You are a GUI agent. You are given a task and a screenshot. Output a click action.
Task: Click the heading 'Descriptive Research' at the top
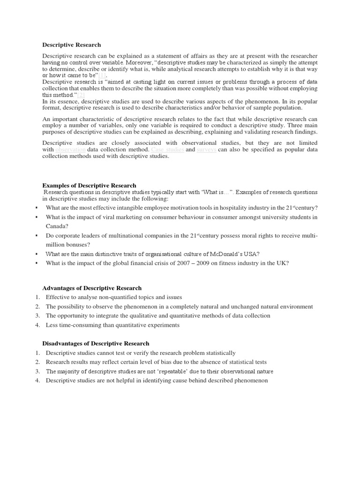[71, 45]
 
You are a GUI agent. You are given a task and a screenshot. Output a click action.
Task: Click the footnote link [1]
[102, 75]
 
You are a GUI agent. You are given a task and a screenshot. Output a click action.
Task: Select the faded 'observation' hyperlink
[70, 150]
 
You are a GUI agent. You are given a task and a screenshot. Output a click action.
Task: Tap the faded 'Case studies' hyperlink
[168, 150]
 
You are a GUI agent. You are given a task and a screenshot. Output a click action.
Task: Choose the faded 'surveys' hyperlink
[206, 150]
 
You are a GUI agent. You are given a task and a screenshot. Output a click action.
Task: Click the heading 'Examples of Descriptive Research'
[89, 186]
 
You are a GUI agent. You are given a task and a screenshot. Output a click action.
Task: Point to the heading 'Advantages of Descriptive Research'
[92, 288]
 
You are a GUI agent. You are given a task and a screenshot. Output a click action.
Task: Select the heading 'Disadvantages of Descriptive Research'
[96, 344]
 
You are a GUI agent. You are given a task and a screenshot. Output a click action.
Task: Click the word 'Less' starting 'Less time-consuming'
[52, 325]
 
